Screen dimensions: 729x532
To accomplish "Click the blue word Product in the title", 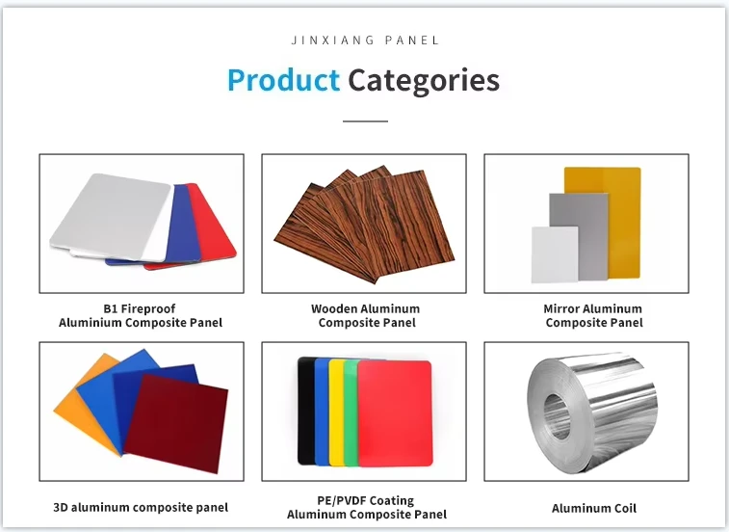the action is (x=283, y=80).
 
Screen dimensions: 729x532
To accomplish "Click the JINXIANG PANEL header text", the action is (x=365, y=40).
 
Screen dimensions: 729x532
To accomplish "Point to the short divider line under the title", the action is (x=365, y=121).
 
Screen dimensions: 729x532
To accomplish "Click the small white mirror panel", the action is (x=555, y=254).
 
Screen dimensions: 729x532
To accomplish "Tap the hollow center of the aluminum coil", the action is (x=556, y=416).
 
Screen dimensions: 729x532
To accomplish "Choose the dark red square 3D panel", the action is (x=176, y=423).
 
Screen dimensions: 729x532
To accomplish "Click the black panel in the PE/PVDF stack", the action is (x=306, y=411).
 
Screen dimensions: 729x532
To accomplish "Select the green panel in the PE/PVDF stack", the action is (x=351, y=412).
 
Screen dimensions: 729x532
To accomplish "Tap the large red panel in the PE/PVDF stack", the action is (x=395, y=413).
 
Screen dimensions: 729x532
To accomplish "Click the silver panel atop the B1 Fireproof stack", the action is (x=111, y=212).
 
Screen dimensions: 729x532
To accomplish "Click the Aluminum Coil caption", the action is (x=594, y=508).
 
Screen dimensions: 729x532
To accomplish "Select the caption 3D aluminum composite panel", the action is (x=141, y=507).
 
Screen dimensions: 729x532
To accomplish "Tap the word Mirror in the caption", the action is (x=560, y=308).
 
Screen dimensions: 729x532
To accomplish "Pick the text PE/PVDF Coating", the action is (x=365, y=500).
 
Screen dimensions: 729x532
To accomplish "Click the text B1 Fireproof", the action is (x=140, y=308).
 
